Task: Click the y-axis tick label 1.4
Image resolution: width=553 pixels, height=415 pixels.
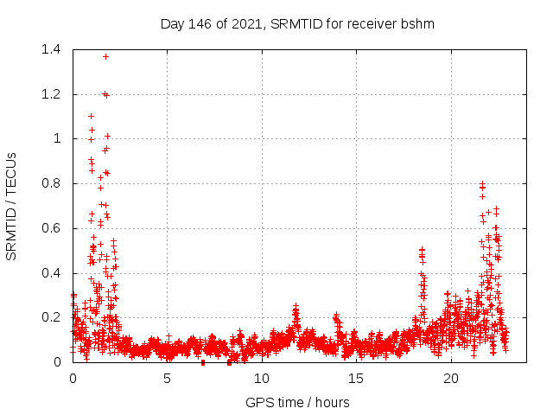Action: click(50, 49)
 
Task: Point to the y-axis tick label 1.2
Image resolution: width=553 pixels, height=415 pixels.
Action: click(50, 94)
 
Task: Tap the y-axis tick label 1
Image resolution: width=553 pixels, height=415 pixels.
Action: click(57, 138)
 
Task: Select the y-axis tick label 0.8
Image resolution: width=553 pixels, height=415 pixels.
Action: click(50, 183)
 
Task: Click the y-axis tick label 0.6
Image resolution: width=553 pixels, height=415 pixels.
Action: click(50, 228)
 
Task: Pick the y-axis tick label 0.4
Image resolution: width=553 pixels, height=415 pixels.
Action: click(50, 273)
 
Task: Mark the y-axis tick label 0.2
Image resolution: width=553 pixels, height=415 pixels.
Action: click(50, 317)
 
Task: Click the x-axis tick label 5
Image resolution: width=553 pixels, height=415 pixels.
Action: click(167, 379)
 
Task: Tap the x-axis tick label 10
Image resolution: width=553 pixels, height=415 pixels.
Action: click(262, 379)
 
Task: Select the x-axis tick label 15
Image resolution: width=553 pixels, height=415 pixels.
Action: click(356, 379)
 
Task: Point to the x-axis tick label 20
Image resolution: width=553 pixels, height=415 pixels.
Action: click(451, 379)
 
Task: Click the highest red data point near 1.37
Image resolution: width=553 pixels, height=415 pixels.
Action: click(106, 56)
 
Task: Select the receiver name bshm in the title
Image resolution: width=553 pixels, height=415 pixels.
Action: click(417, 23)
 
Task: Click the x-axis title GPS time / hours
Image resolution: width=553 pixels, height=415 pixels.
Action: click(297, 402)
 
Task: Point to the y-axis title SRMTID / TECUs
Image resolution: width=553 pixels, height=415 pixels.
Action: click(12, 206)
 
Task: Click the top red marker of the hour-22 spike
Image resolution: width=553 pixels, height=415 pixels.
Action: click(482, 183)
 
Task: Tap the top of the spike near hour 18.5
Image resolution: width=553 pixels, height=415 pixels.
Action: click(422, 250)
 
